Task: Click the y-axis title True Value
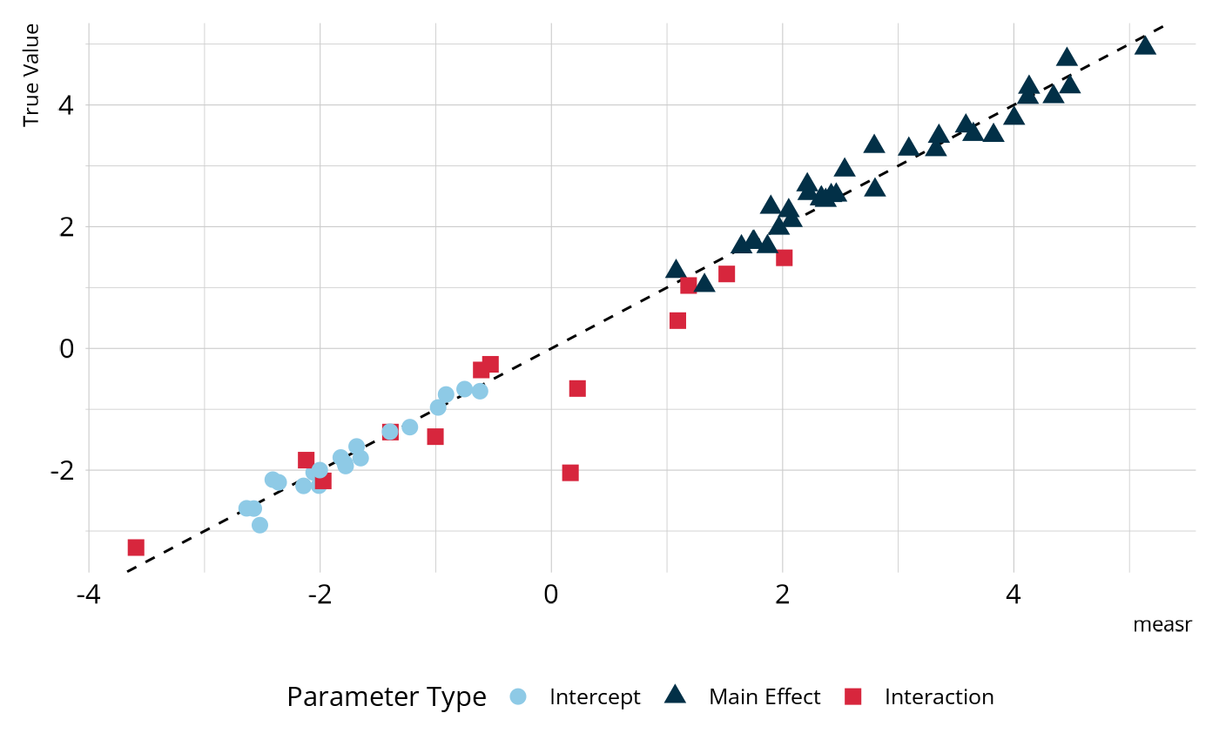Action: click(x=31, y=75)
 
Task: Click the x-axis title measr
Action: click(x=1162, y=624)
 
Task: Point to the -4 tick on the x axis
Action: click(x=88, y=595)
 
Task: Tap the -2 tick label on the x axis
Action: click(x=320, y=595)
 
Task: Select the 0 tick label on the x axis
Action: click(x=551, y=595)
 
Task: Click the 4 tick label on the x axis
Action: click(x=1014, y=595)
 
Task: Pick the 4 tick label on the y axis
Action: click(x=66, y=105)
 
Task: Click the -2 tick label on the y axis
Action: click(x=61, y=470)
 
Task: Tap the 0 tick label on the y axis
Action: click(x=66, y=348)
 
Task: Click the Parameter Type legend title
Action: click(x=386, y=697)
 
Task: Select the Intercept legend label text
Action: click(x=595, y=697)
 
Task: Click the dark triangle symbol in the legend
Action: click(x=675, y=696)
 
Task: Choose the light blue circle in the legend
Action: click(x=517, y=696)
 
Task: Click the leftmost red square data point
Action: click(x=136, y=548)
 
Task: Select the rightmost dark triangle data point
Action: click(x=1145, y=45)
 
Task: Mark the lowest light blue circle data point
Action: click(x=259, y=525)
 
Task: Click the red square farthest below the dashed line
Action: click(x=570, y=473)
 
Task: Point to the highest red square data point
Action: click(x=784, y=258)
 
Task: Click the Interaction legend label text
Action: click(x=939, y=697)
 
